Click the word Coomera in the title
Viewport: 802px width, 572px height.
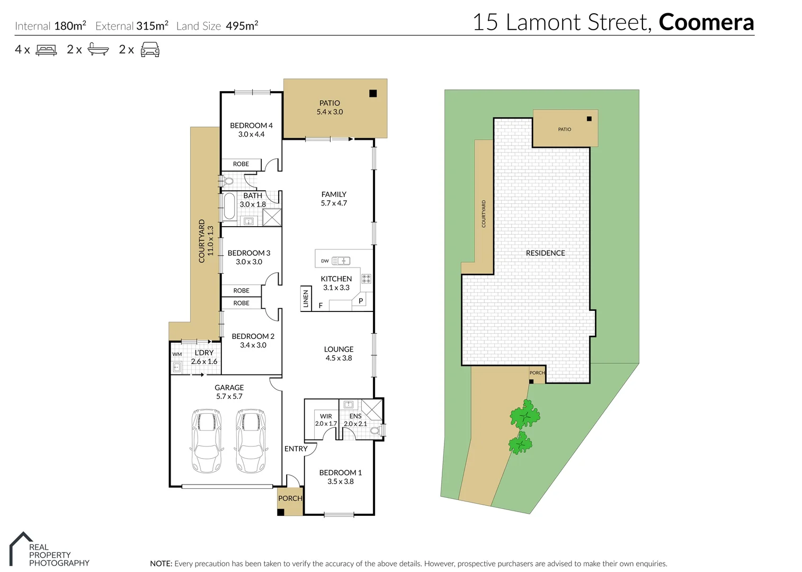(706, 22)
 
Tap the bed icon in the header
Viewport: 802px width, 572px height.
(46, 50)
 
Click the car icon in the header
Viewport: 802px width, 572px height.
(150, 50)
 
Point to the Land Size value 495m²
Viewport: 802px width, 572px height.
(242, 25)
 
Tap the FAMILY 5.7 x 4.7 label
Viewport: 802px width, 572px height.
(334, 199)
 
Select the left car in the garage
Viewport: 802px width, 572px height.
(206, 440)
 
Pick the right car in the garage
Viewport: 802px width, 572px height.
(251, 440)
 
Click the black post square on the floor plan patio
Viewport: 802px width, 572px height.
(373, 94)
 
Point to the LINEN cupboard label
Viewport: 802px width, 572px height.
(306, 299)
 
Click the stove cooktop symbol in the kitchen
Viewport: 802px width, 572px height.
(366, 279)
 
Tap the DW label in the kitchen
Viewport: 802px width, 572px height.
(325, 261)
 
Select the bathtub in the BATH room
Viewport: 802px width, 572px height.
(229, 206)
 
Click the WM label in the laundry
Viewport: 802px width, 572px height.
(177, 354)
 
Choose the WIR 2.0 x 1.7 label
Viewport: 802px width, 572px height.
(326, 420)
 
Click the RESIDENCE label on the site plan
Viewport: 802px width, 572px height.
(545, 253)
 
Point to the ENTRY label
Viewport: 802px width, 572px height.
(296, 449)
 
